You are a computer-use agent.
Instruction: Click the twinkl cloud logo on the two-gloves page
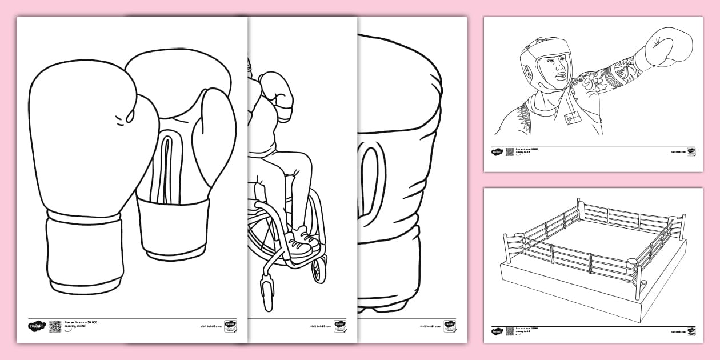coord(36,326)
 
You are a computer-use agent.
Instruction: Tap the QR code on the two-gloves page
coord(55,326)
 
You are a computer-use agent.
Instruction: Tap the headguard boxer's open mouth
coord(562,77)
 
